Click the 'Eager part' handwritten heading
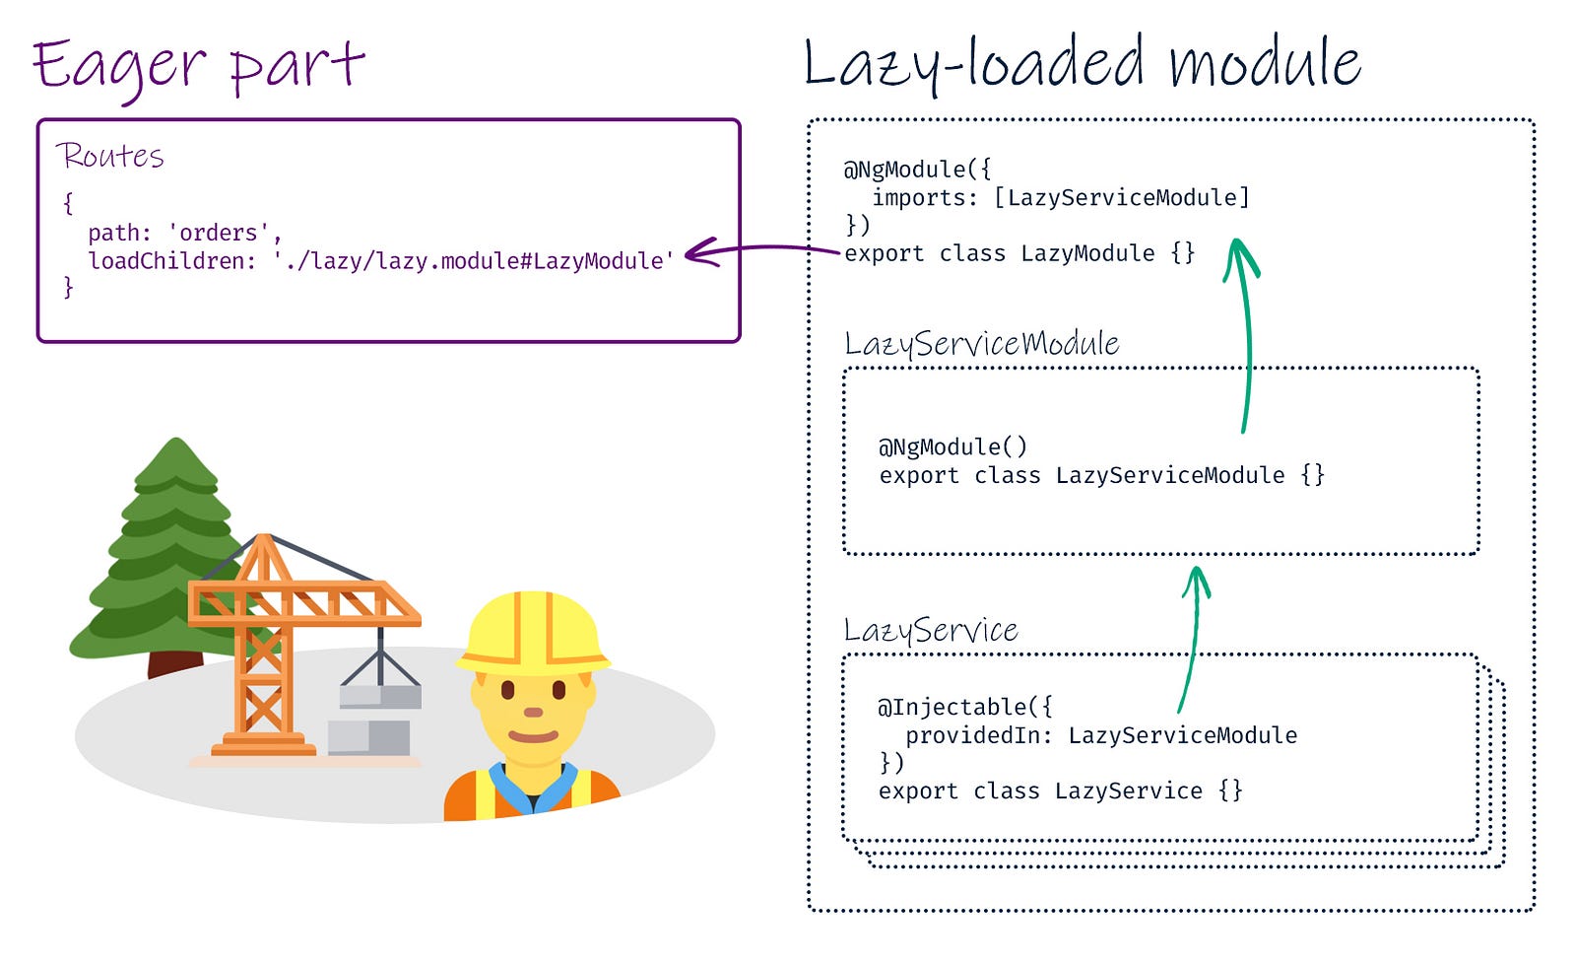(198, 68)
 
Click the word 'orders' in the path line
(219, 233)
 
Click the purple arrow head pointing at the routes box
(701, 252)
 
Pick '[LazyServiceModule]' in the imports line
(1122, 198)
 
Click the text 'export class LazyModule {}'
(1019, 253)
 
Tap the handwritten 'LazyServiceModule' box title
(981, 344)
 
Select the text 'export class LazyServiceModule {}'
(1102, 475)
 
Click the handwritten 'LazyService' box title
(931, 630)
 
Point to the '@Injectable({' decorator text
(964, 707)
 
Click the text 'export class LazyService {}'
(1060, 792)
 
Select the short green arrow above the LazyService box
(1194, 641)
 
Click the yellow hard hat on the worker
(533, 633)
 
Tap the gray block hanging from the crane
(380, 697)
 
